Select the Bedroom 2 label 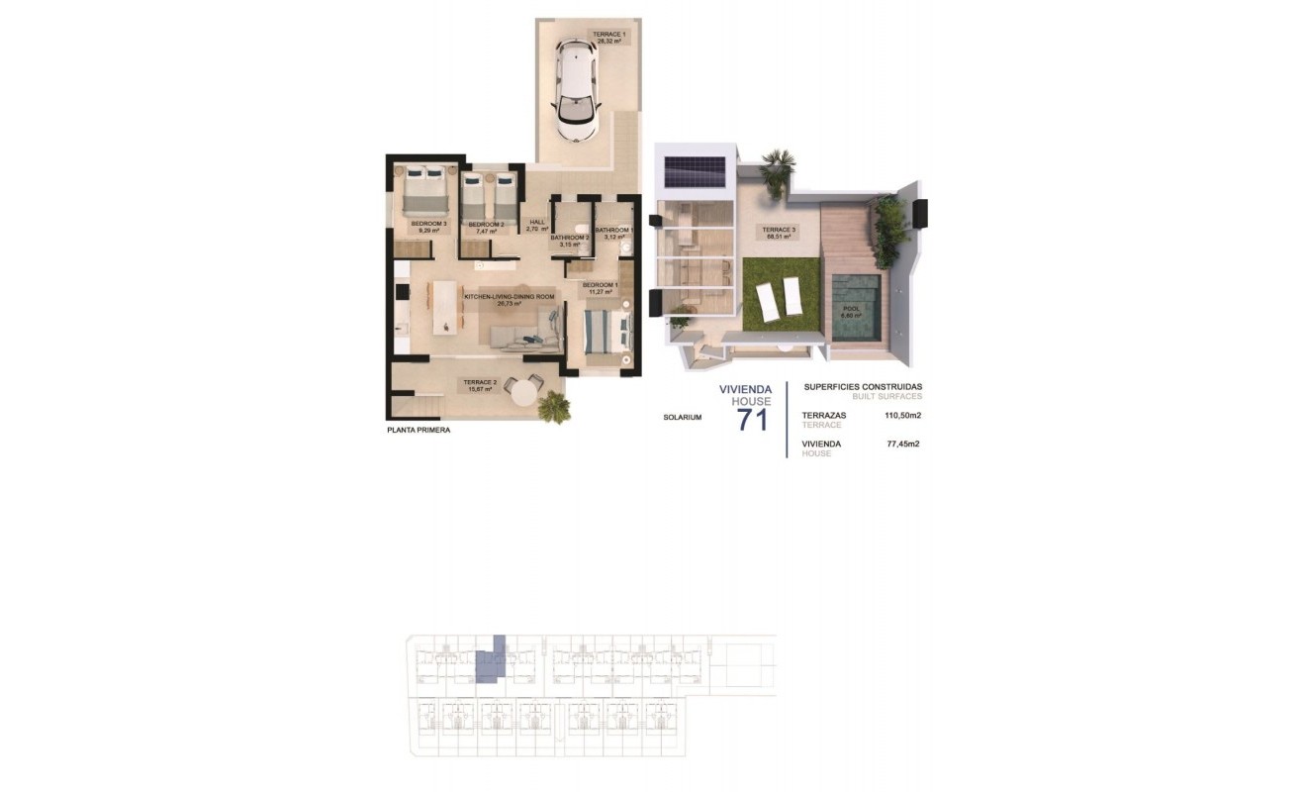tap(487, 227)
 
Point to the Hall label tap(537, 225)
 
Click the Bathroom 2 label tap(570, 241)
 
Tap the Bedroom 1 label tap(601, 288)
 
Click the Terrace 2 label tap(480, 385)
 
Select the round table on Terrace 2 tap(520, 390)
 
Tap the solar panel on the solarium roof tap(695, 171)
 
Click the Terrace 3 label tap(779, 234)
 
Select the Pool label tap(852, 312)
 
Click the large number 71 tap(752, 420)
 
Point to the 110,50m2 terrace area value tap(902, 416)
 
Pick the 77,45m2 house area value tap(903, 445)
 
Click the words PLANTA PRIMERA tap(419, 431)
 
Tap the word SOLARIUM tap(683, 418)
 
